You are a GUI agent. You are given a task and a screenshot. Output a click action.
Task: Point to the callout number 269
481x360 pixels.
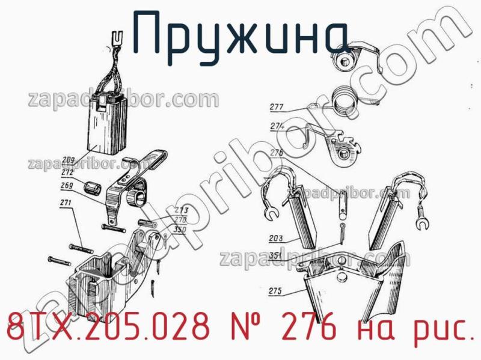point(67,185)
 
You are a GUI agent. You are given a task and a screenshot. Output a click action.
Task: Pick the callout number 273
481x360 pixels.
point(181,210)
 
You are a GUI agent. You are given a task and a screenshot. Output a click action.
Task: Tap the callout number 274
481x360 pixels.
point(277,126)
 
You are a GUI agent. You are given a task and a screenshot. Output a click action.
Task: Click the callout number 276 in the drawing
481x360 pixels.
point(277,153)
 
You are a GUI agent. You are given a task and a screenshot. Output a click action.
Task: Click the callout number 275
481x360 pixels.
point(276,291)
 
